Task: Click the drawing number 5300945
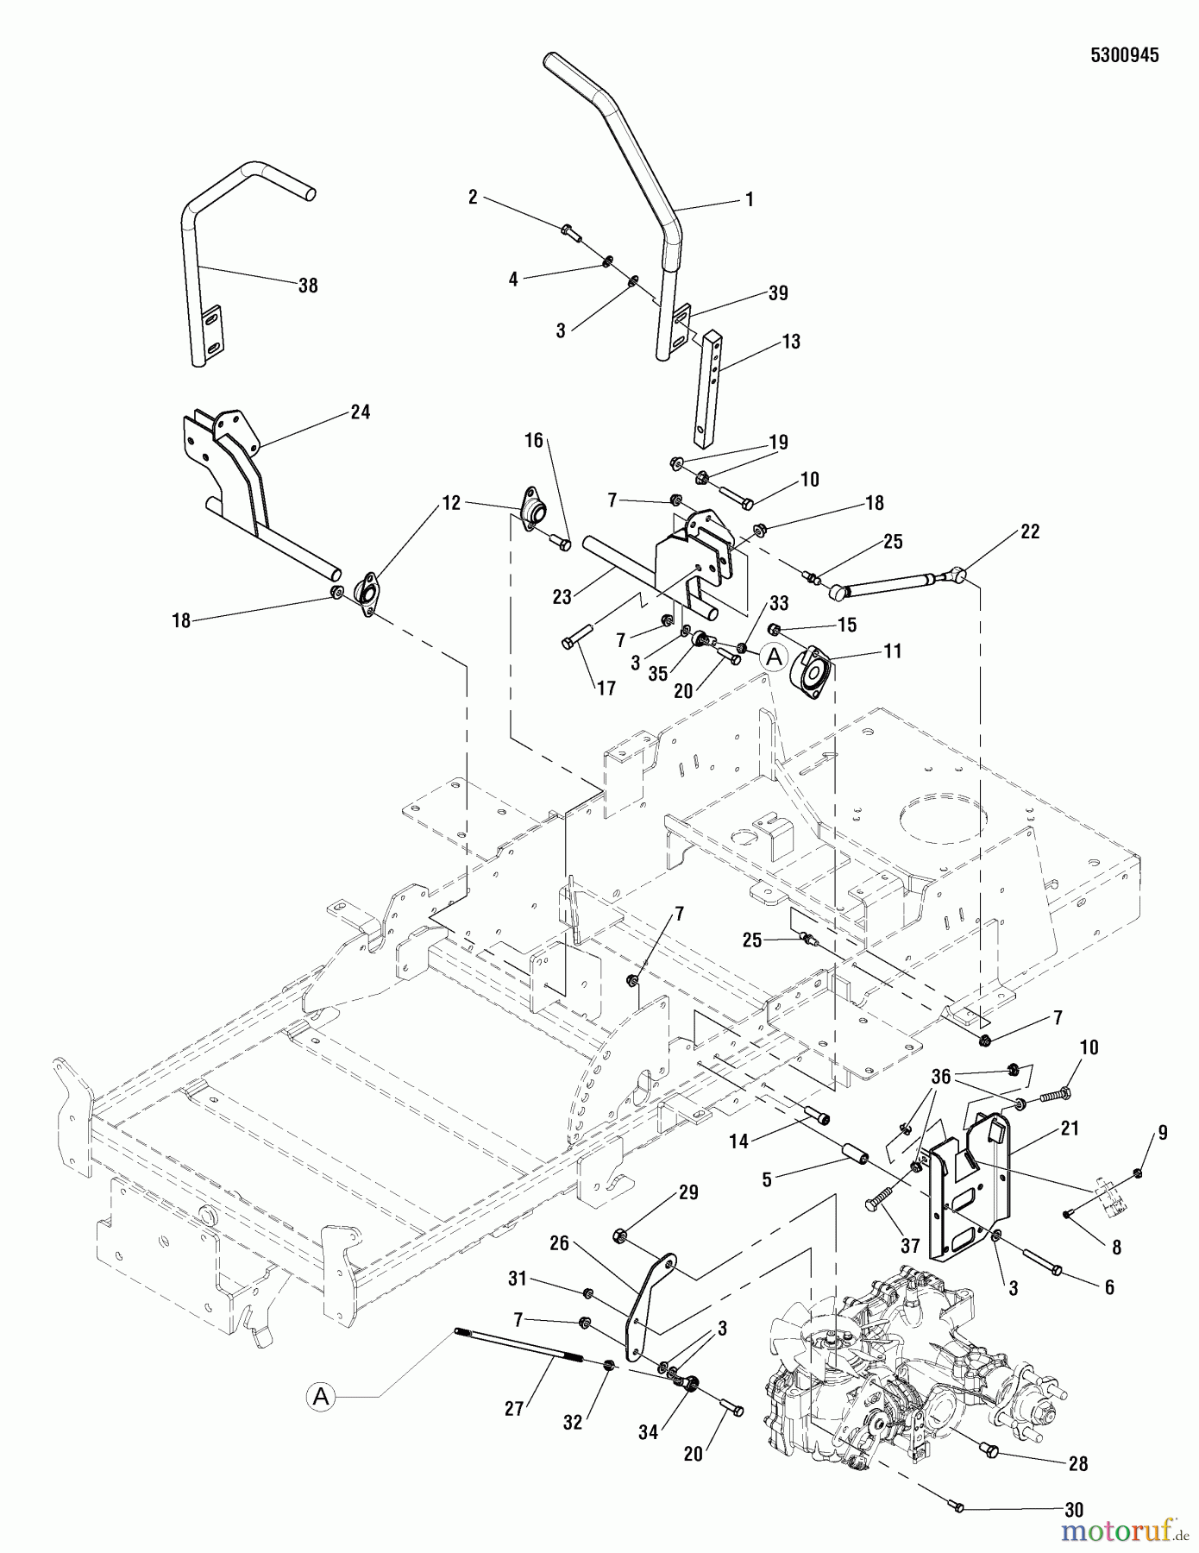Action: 1124,55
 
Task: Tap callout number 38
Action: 308,286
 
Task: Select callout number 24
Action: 361,412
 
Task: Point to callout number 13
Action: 790,342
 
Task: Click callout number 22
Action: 1029,531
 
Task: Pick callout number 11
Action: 892,651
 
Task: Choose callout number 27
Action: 514,1408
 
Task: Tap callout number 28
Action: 1077,1463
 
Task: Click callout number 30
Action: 1074,1510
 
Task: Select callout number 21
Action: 1070,1129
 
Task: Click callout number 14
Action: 738,1141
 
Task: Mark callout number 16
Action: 534,441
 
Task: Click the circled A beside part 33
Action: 775,657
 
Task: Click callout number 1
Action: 749,200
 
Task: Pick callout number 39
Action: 778,293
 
